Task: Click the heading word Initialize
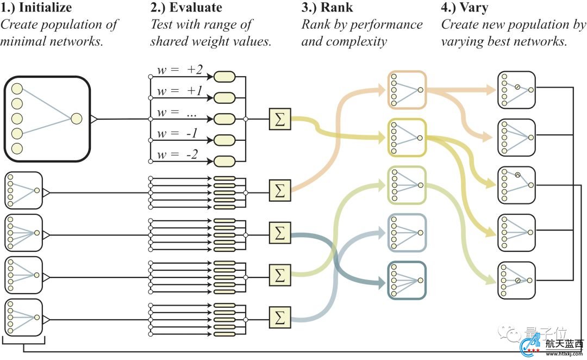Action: (x=45, y=8)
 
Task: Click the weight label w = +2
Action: (x=179, y=70)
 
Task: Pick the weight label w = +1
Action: (x=179, y=91)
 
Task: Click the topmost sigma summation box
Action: (x=280, y=119)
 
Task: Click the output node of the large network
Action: (x=76, y=119)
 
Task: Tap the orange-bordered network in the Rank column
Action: (x=407, y=90)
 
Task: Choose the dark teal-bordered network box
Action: (x=407, y=281)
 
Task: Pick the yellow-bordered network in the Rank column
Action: (x=407, y=138)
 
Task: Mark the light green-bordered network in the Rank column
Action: (x=407, y=185)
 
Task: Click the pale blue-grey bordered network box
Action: (x=407, y=233)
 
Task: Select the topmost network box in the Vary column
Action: (x=516, y=90)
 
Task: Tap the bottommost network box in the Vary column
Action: (x=516, y=281)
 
